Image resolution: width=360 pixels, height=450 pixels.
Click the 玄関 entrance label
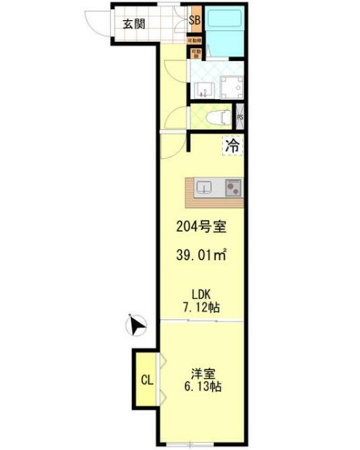[133, 23]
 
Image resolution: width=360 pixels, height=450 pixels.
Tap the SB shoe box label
[194, 21]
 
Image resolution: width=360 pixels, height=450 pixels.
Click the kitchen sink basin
[204, 187]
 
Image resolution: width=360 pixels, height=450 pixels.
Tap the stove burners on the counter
[233, 187]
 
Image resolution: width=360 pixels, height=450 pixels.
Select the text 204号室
[200, 228]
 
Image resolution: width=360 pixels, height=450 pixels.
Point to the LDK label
[201, 294]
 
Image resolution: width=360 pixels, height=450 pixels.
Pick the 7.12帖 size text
[201, 308]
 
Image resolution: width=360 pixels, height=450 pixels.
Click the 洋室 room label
[201, 372]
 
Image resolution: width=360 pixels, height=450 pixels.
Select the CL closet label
[145, 380]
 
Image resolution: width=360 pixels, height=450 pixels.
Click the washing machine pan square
[232, 87]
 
